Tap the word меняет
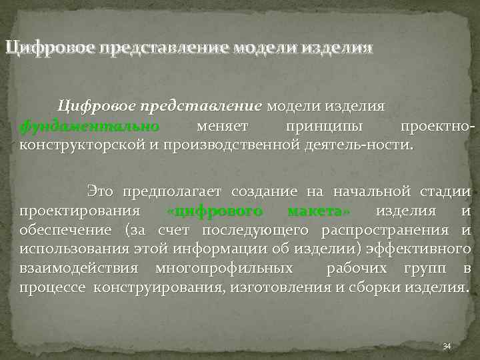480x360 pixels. tap(223, 125)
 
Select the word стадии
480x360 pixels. tap(446, 192)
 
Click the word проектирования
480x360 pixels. tap(79, 211)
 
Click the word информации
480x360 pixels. tap(261, 249)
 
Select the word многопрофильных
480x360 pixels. tap(223, 269)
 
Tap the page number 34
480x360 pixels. tap(447, 346)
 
